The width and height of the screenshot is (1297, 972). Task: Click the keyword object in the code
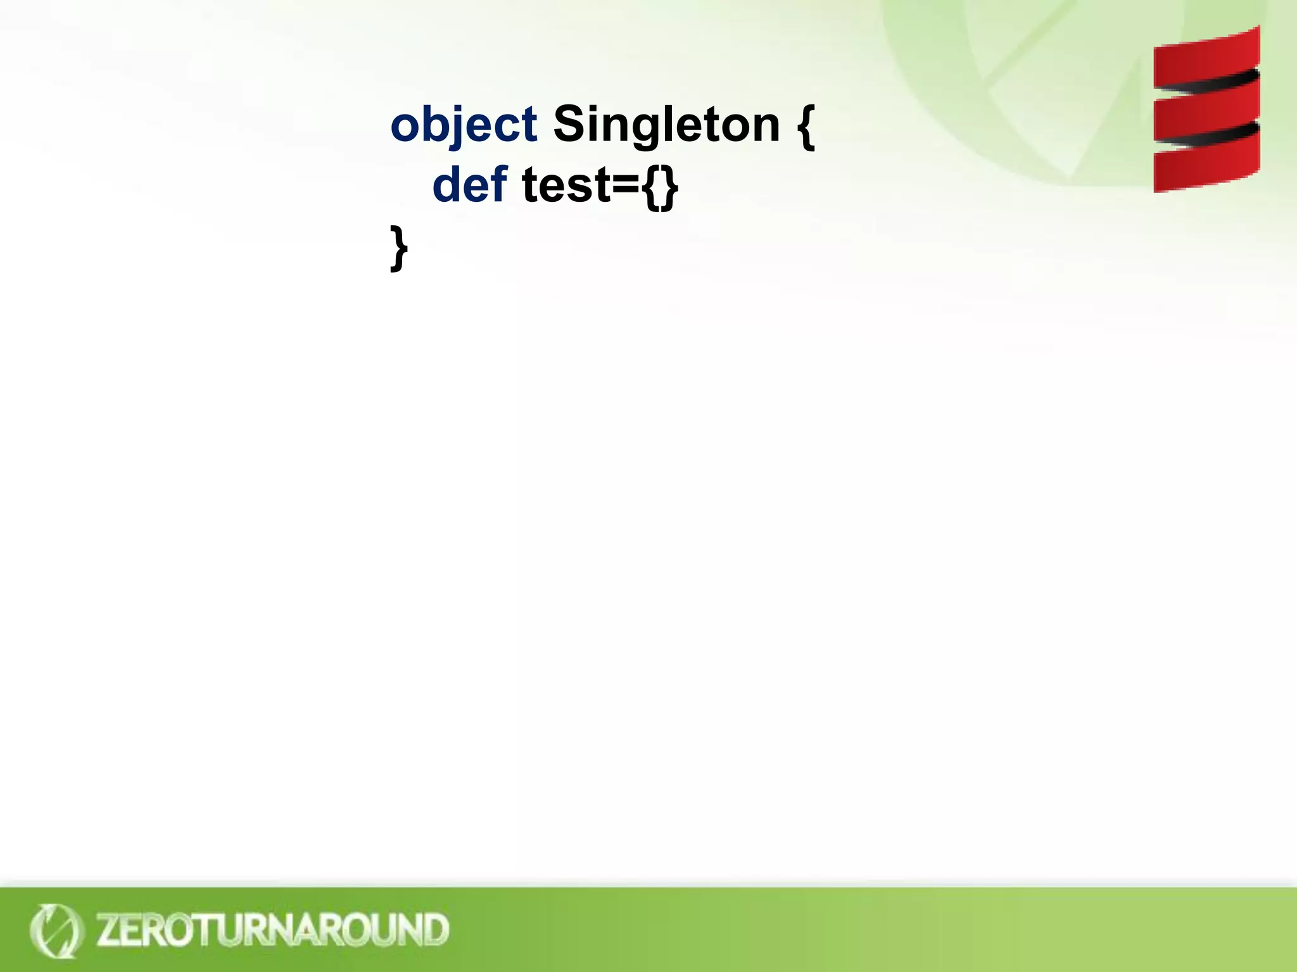coord(464,125)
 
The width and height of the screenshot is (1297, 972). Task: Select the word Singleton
coord(666,125)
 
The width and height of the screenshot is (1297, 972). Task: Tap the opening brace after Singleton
coord(805,126)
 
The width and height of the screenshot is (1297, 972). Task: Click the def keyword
coord(469,185)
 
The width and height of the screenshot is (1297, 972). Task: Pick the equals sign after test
coord(628,187)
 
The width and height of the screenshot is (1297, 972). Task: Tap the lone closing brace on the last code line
coord(398,248)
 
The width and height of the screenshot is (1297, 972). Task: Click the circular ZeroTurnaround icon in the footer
coord(56,930)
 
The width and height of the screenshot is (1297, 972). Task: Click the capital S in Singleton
coord(568,124)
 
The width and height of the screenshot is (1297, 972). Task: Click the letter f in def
coord(499,184)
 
